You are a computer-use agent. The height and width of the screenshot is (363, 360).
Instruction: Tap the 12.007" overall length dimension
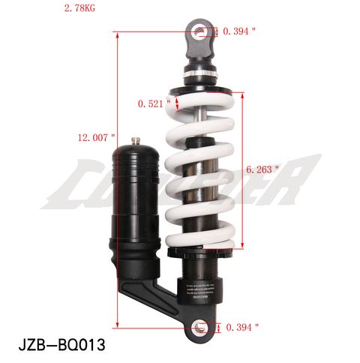96,137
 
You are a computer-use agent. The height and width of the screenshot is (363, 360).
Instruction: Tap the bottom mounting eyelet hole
199,326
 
